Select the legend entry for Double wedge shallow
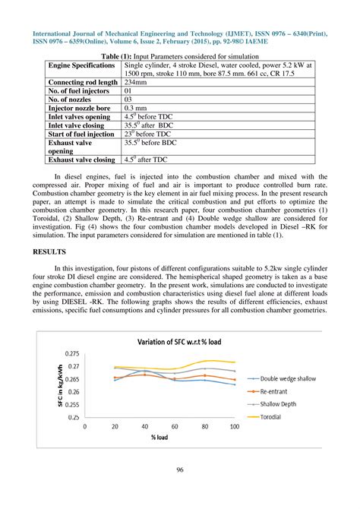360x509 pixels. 288,378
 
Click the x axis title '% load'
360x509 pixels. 159,438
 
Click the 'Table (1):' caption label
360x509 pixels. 111,56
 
